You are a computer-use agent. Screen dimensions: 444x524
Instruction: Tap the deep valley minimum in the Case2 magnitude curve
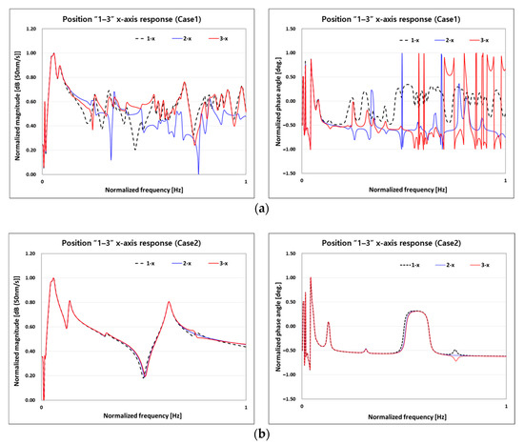point(144,377)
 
